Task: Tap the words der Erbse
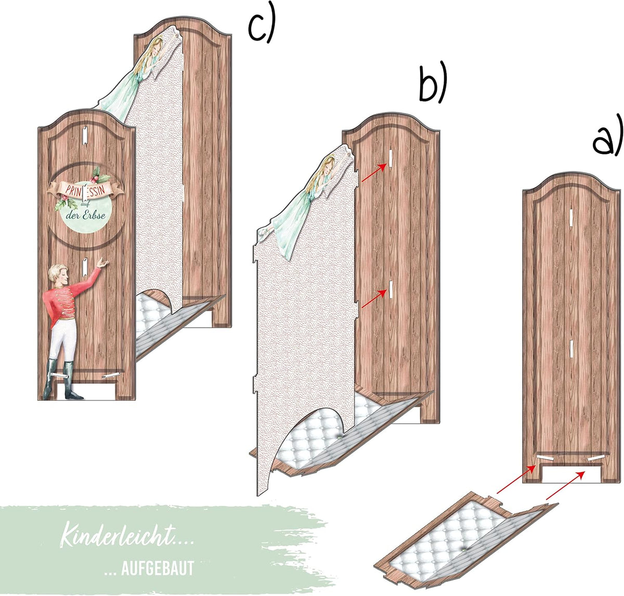coord(85,215)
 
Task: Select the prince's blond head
coord(58,274)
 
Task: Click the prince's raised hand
coord(102,263)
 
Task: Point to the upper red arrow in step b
coord(374,173)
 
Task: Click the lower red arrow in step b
coord(374,299)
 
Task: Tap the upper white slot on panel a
coord(571,217)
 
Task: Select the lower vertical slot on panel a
coord(571,348)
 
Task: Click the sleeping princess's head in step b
coord(326,167)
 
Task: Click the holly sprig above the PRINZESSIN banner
coord(99,175)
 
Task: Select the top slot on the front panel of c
coord(85,136)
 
